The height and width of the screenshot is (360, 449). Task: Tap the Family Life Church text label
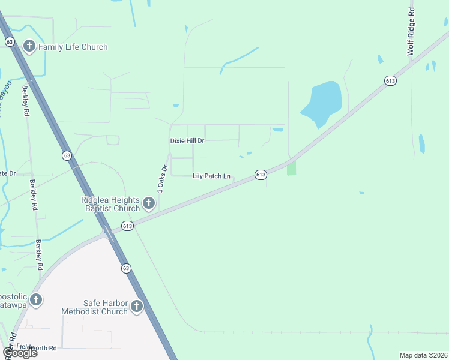click(x=73, y=47)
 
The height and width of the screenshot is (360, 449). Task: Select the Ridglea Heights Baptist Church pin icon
click(x=149, y=205)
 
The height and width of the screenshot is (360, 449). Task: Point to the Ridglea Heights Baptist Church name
click(x=110, y=204)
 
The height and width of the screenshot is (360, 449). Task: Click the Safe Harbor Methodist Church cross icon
click(x=137, y=307)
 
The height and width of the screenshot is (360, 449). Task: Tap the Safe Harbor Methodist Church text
click(x=95, y=307)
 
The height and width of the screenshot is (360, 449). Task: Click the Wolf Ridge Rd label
click(x=411, y=32)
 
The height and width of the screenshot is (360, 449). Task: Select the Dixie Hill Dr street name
click(x=187, y=140)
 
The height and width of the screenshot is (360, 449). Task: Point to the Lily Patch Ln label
click(x=211, y=176)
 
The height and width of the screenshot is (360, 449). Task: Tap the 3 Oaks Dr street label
click(x=161, y=178)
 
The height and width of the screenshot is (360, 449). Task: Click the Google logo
click(x=20, y=353)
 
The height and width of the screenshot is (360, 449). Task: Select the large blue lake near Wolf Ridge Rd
click(x=321, y=103)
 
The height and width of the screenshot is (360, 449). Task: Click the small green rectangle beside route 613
click(x=292, y=167)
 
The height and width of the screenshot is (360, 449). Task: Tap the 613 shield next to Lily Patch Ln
click(x=261, y=175)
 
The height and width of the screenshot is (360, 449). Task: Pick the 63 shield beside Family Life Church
click(x=10, y=42)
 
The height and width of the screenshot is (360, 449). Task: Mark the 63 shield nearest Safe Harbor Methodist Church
click(x=125, y=268)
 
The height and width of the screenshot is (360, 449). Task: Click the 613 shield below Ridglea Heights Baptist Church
click(x=127, y=226)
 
